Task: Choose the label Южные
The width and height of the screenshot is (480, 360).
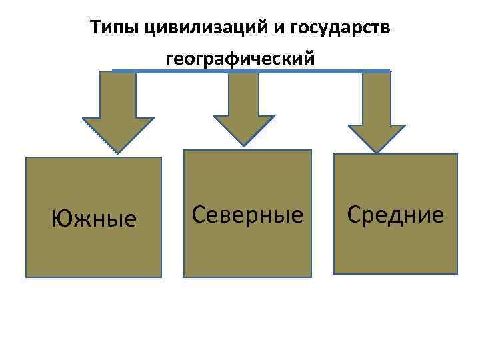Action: tap(94, 217)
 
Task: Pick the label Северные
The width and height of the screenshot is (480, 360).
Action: tap(247, 213)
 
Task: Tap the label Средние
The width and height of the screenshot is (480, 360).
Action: tap(395, 214)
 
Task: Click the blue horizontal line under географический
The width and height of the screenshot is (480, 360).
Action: tap(251, 71)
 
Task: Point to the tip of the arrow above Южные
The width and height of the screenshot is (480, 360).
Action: tap(117, 152)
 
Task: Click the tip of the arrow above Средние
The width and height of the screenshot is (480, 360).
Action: tap(377, 152)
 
